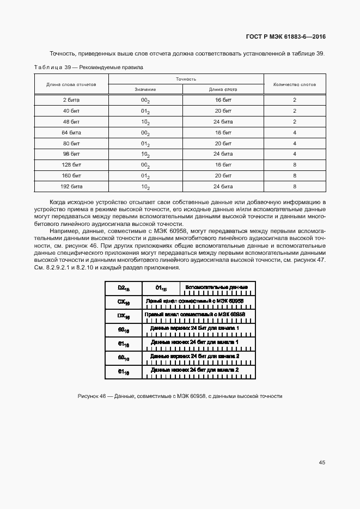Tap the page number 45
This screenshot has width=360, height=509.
click(x=322, y=462)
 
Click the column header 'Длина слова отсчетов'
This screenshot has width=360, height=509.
click(x=71, y=84)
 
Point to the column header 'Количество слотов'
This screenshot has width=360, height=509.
click(x=294, y=84)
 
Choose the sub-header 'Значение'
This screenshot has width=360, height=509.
click(x=145, y=89)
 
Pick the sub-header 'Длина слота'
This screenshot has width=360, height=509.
click(x=223, y=89)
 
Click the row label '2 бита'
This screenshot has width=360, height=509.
click(x=71, y=100)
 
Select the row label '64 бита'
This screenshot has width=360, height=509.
click(x=71, y=132)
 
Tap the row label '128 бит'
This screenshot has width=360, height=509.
click(x=71, y=164)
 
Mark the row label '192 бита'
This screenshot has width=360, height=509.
click(x=71, y=186)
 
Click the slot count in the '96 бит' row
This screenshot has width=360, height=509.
click(x=294, y=154)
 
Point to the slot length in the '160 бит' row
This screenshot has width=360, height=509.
click(x=223, y=175)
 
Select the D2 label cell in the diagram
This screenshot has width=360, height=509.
click(x=123, y=288)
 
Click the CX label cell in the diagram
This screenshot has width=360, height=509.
click(x=123, y=302)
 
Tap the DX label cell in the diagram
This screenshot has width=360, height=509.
click(x=123, y=316)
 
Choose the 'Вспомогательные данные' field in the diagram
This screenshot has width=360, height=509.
click(x=216, y=288)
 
